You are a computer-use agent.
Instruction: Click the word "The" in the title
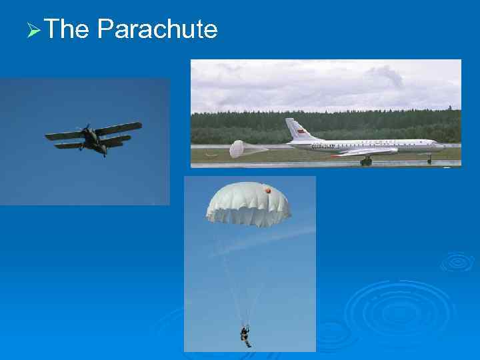click(x=68, y=29)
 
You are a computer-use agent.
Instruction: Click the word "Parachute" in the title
click(x=157, y=29)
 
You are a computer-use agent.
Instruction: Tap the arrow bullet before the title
click(x=34, y=31)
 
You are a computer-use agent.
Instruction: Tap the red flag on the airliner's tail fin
click(x=301, y=131)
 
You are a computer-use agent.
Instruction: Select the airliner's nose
click(x=439, y=145)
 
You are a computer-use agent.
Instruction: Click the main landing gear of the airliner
click(x=365, y=161)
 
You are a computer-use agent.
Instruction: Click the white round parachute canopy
click(x=248, y=203)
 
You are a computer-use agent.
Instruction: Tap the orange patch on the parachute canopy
click(x=268, y=191)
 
